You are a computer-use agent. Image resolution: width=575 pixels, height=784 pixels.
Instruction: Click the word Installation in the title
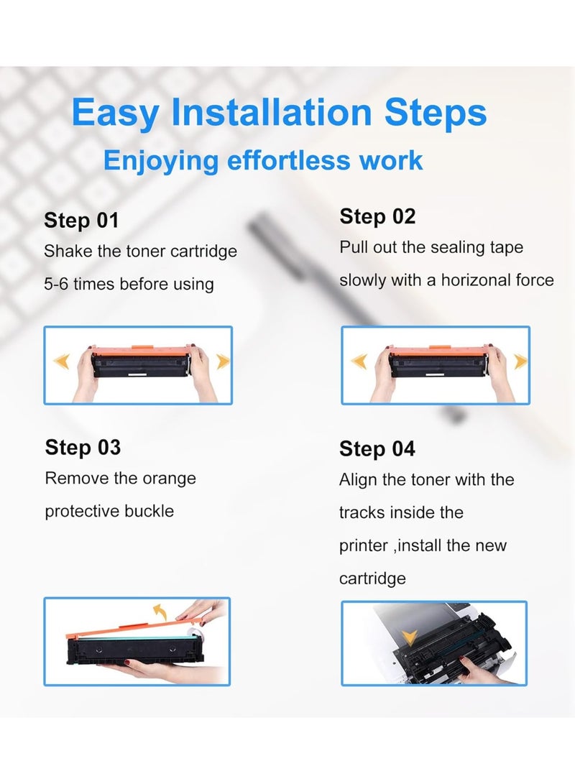[x=272, y=111]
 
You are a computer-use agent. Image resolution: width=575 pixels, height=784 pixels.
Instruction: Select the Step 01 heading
[x=81, y=220]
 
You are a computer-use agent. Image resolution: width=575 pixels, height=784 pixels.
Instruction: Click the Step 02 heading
[x=377, y=216]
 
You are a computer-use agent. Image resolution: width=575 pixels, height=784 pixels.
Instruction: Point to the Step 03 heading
[x=83, y=447]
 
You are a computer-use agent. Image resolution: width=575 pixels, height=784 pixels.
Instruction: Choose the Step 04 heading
[x=377, y=448]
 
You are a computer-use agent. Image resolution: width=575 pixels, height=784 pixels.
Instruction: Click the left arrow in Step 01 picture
[x=62, y=361]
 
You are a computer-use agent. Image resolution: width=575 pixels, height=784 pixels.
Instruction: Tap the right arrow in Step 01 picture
[x=223, y=361]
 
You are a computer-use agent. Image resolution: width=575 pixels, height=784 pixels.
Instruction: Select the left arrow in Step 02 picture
[x=359, y=361]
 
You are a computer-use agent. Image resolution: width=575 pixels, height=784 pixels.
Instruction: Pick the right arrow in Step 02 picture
[x=520, y=361]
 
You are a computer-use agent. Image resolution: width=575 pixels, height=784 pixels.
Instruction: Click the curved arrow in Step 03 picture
[x=160, y=612]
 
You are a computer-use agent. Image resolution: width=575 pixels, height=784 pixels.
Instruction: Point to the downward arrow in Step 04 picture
[x=410, y=637]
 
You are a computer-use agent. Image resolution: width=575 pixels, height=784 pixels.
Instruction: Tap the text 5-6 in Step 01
[x=56, y=284]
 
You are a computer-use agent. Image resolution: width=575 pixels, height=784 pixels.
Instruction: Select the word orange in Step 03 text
[x=169, y=479]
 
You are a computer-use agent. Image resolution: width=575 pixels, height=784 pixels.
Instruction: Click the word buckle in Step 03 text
[x=149, y=511]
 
